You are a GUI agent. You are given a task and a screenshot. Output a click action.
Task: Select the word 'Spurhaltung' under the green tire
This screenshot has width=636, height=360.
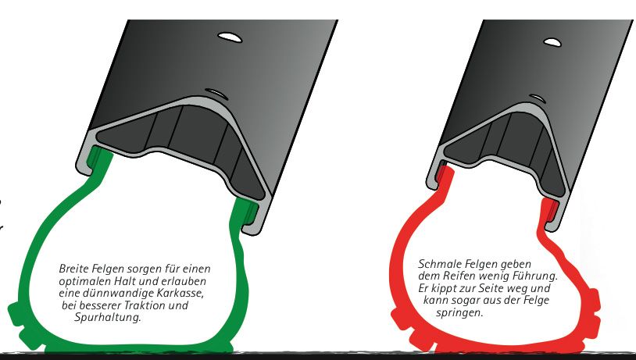107,317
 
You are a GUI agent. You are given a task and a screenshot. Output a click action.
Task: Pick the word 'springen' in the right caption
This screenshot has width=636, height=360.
459,313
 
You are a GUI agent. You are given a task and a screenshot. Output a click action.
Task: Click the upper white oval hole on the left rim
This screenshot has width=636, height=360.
230,37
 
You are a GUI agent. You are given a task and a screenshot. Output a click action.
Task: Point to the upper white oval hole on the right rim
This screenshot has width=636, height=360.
552,41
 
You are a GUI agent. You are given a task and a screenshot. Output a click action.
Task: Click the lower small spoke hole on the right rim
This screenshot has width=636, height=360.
538,98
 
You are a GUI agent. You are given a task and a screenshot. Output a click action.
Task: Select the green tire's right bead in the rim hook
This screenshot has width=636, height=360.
247,209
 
